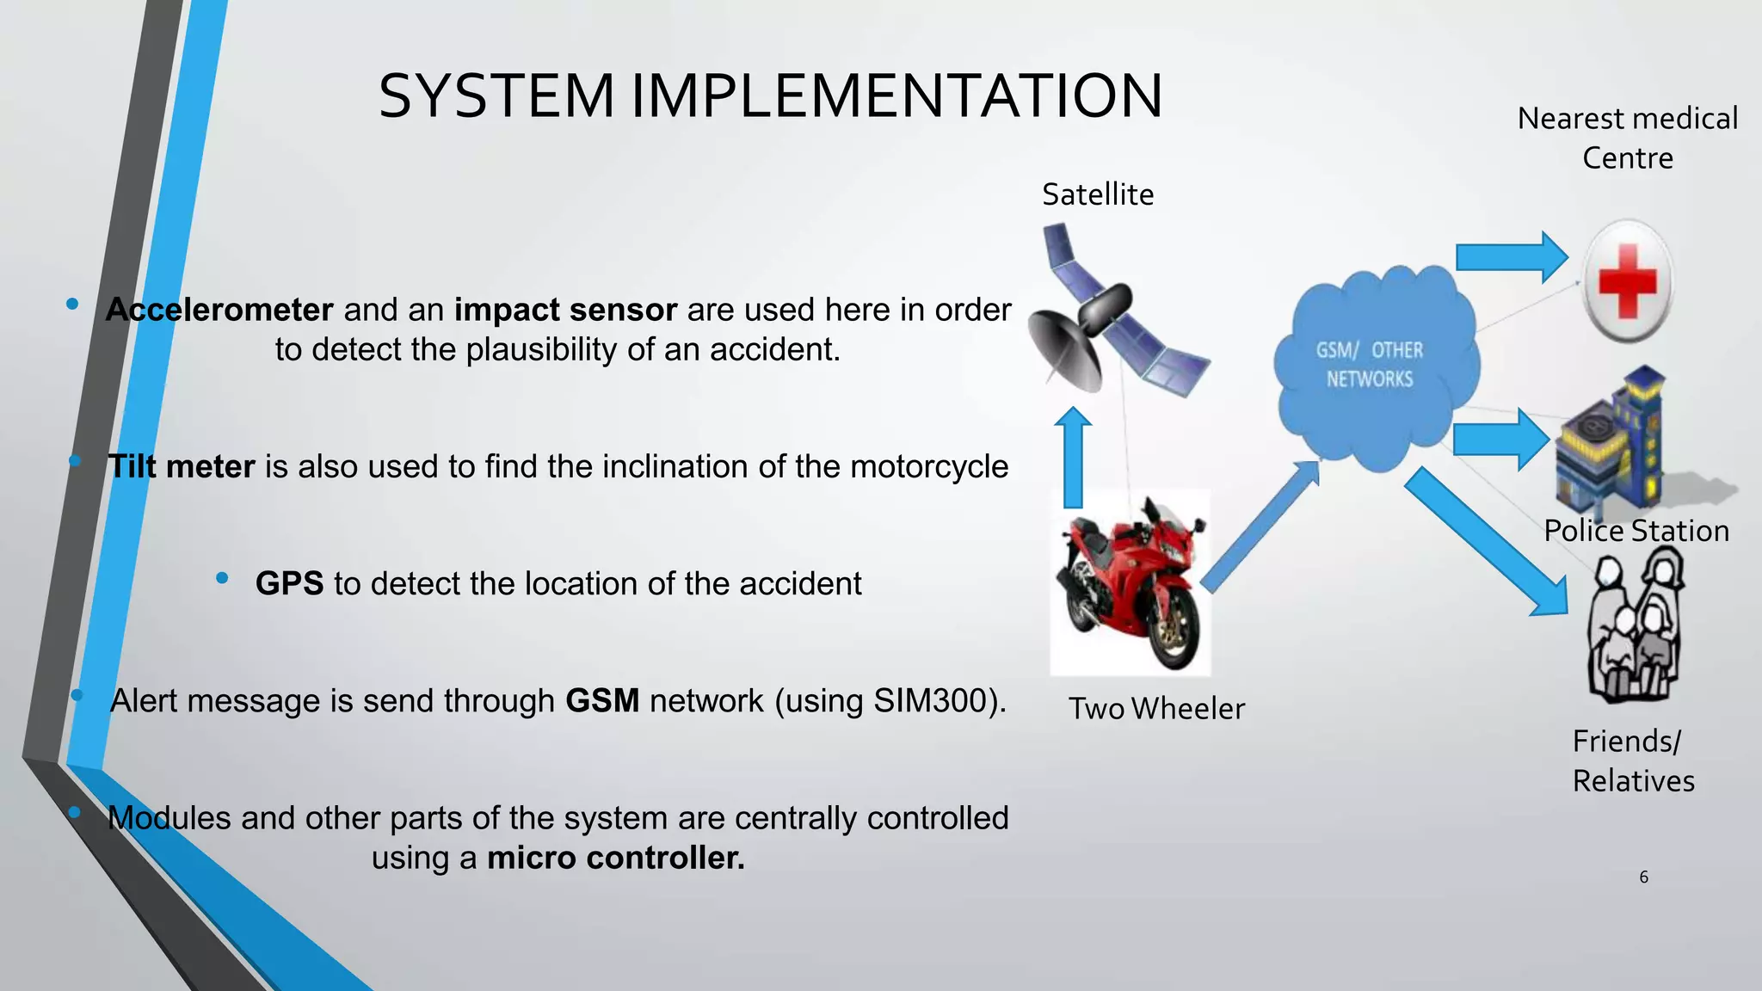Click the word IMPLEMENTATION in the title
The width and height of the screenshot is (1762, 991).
click(x=896, y=95)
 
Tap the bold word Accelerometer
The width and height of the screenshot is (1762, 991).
click(x=219, y=310)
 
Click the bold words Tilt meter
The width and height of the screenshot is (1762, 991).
click(x=182, y=466)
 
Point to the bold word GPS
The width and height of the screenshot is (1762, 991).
click(x=289, y=583)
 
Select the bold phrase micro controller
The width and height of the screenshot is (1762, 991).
click(x=616, y=858)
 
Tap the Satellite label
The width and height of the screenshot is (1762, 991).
click(x=1098, y=194)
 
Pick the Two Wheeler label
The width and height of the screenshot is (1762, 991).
click(x=1156, y=709)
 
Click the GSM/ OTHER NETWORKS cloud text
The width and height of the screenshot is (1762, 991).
click(x=1369, y=365)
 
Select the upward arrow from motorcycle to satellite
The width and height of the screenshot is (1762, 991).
click(x=1073, y=460)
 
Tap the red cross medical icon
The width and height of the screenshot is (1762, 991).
click(x=1627, y=281)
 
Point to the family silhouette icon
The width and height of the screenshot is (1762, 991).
click(x=1634, y=628)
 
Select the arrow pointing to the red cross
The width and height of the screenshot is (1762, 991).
click(x=1510, y=257)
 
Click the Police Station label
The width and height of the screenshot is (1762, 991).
click(x=1636, y=531)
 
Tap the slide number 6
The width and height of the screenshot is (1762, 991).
click(x=1643, y=877)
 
